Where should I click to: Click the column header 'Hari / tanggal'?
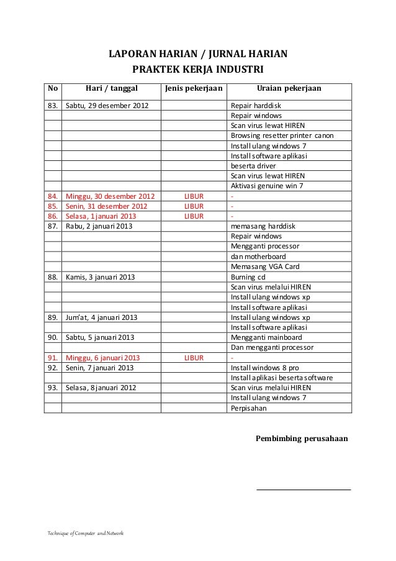[110, 89]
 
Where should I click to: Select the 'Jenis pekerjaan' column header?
[192, 89]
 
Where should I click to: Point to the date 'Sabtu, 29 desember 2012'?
[107, 105]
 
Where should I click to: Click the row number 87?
[52, 226]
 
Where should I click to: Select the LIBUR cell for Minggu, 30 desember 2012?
[194, 196]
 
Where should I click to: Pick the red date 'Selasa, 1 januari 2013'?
[101, 216]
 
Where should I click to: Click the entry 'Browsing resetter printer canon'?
[282, 135]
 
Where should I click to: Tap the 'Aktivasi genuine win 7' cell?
[267, 186]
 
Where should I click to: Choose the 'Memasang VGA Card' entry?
[265, 267]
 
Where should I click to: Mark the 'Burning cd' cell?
[248, 277]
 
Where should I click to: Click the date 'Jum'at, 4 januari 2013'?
[102, 317]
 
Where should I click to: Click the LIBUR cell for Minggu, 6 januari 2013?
[194, 358]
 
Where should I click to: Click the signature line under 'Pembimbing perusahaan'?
[304, 490]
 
